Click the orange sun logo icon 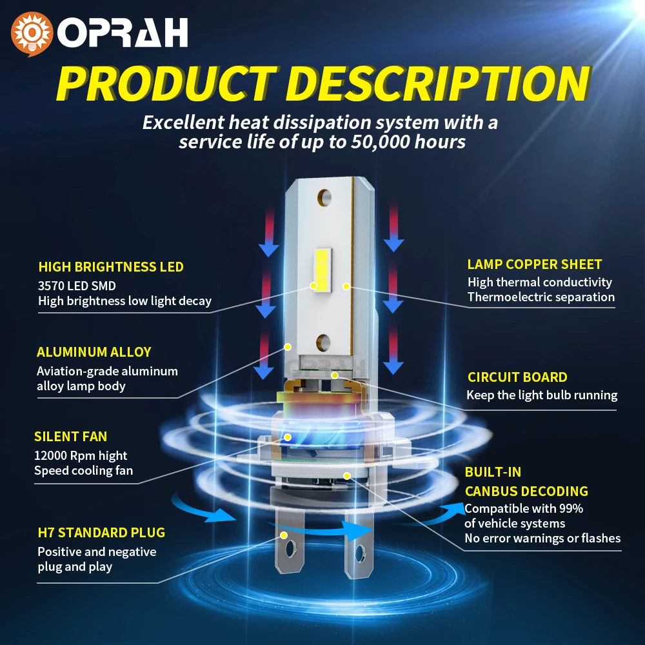(32, 34)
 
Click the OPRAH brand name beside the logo (123, 32)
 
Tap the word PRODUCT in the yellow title (166, 84)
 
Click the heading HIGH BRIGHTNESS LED (111, 267)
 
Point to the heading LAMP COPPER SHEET (534, 264)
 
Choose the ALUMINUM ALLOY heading (94, 352)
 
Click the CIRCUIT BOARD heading (517, 377)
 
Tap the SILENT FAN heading (71, 437)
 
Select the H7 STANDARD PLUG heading (102, 533)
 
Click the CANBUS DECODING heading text (526, 491)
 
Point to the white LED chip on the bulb (323, 270)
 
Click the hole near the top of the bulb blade (324, 198)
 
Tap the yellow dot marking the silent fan (288, 437)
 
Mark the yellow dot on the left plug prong (283, 535)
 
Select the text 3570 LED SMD (77, 286)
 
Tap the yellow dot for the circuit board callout (335, 375)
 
